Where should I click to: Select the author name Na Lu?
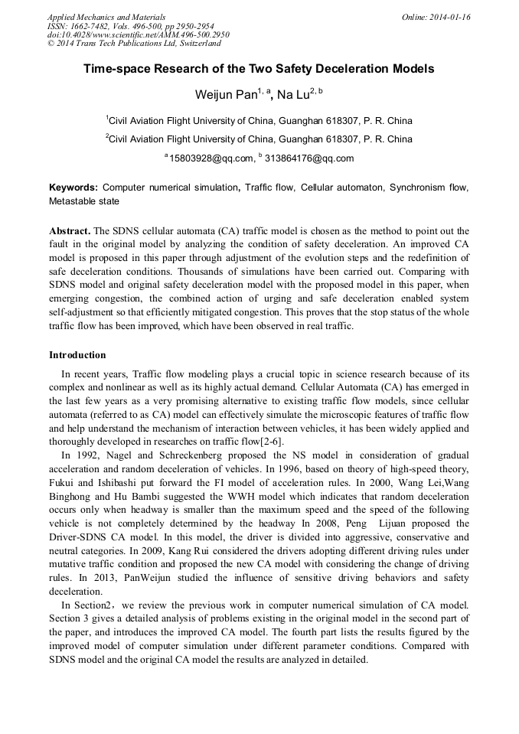(x=294, y=95)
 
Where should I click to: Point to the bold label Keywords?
(x=73, y=188)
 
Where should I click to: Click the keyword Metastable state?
(x=84, y=201)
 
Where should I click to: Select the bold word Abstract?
(x=69, y=230)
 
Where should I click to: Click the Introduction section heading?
(x=77, y=355)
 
